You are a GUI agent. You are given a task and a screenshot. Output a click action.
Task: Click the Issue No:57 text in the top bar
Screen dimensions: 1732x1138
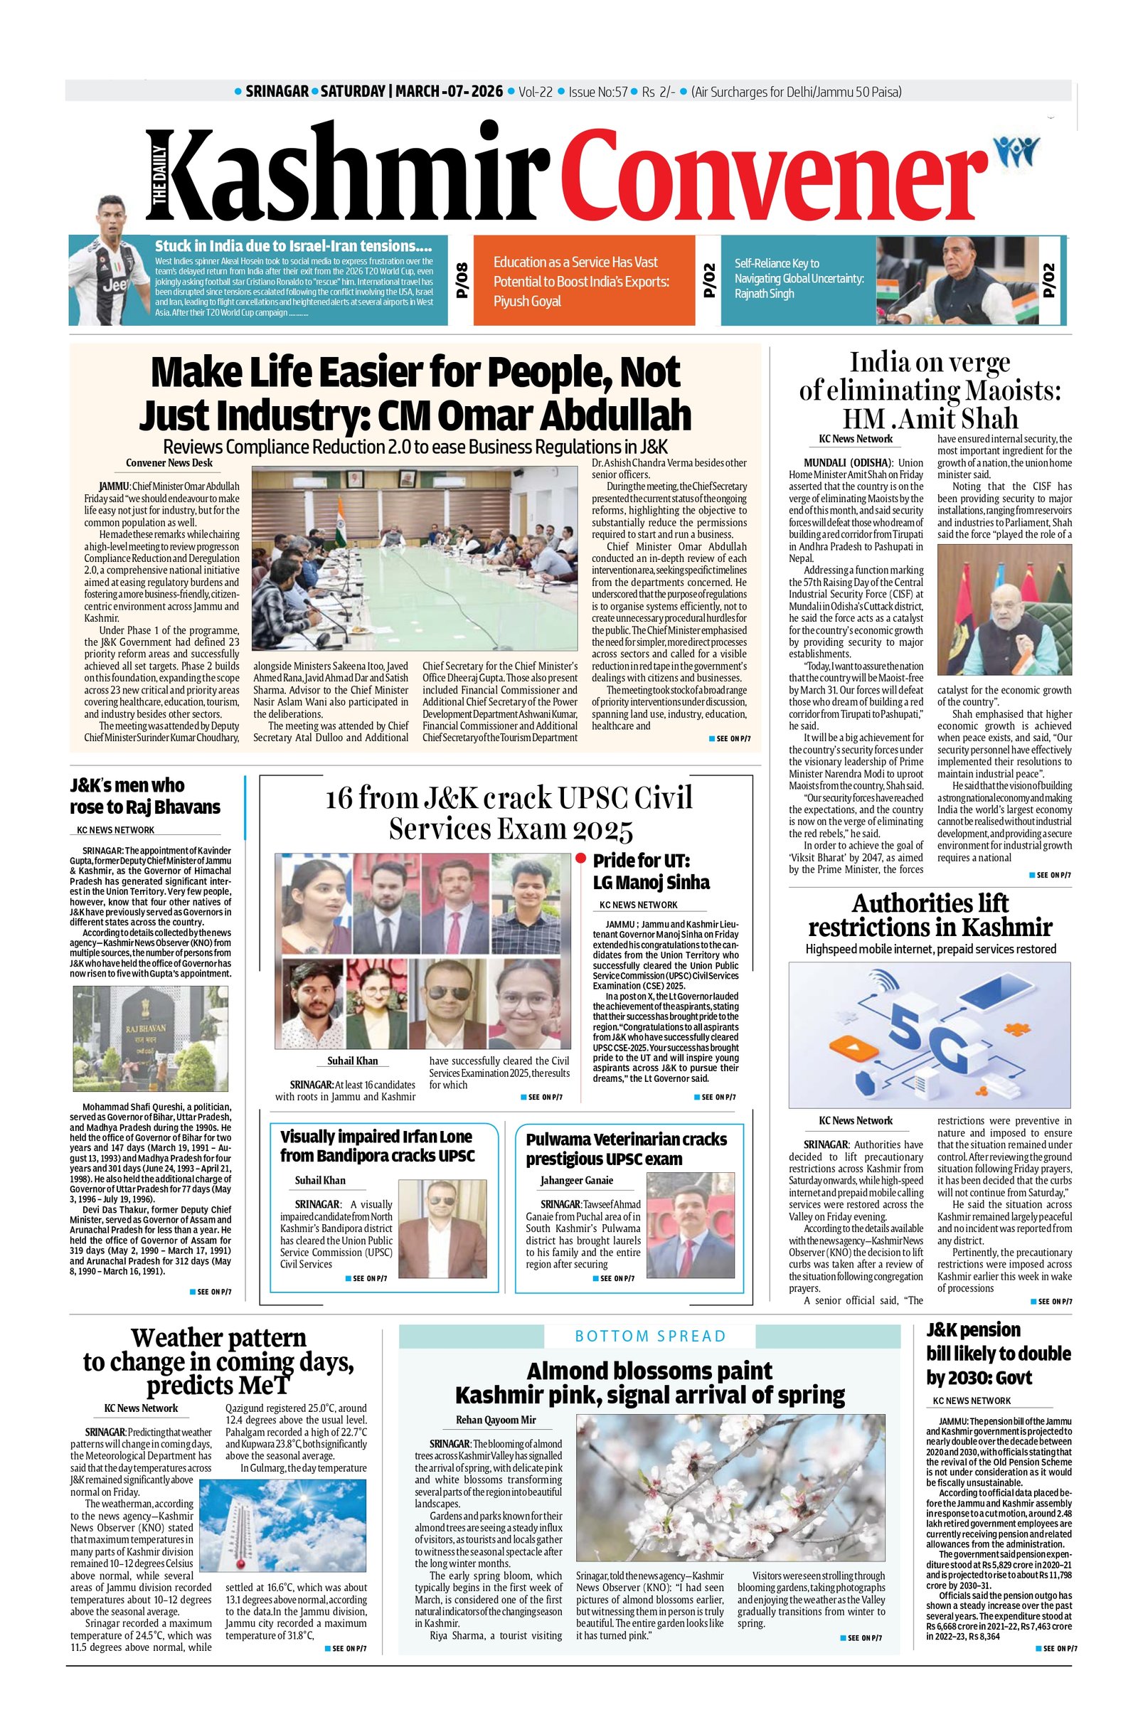(x=597, y=92)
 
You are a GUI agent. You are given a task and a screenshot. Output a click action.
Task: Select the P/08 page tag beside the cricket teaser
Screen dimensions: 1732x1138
(x=463, y=281)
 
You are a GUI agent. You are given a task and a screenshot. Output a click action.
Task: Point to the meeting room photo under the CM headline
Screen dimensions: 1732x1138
(x=418, y=558)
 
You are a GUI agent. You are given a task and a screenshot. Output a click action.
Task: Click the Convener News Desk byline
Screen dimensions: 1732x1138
(x=169, y=463)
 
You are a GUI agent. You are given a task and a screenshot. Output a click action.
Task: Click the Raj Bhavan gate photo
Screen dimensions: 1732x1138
(x=149, y=1038)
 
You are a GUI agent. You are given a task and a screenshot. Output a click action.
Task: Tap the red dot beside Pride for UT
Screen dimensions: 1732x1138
(x=580, y=859)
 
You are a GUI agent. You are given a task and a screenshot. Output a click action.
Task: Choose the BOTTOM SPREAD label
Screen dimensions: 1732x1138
(x=650, y=1335)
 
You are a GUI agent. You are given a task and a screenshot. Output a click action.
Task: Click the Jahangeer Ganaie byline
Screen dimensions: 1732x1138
(x=576, y=1180)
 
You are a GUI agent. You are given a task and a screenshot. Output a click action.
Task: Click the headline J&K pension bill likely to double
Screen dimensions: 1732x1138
(x=999, y=1354)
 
